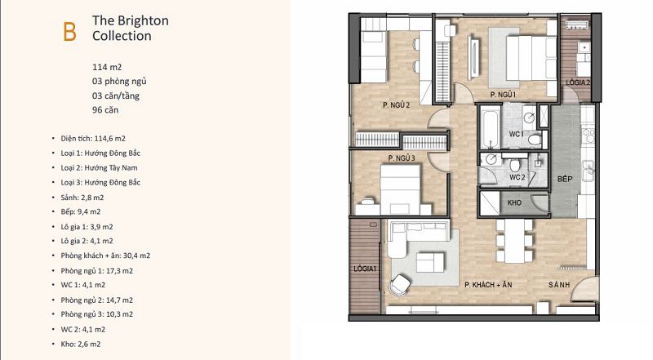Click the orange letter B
pyautogui.click(x=69, y=32)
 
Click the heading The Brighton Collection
pyautogui.click(x=131, y=28)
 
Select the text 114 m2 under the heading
pyautogui.click(x=107, y=67)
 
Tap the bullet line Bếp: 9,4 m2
pyautogui.click(x=80, y=211)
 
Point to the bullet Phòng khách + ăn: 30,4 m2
pyautogui.click(x=105, y=256)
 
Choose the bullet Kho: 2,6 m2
pyautogui.click(x=80, y=344)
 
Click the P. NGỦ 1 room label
pyautogui.click(x=503, y=95)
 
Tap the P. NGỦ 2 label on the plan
pyautogui.click(x=396, y=105)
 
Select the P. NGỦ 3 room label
pyautogui.click(x=402, y=158)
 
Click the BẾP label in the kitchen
pyautogui.click(x=565, y=179)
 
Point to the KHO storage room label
pyautogui.click(x=514, y=203)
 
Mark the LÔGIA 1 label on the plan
pyautogui.click(x=365, y=269)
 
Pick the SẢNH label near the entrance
pyautogui.click(x=559, y=285)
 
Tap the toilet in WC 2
pyautogui.click(x=515, y=164)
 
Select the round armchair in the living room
pyautogui.click(x=400, y=285)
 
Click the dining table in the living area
pyautogui.click(x=515, y=241)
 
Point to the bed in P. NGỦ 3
pyautogui.click(x=400, y=189)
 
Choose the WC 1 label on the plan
pyautogui.click(x=517, y=134)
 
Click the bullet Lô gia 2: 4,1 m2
pyautogui.click(x=87, y=241)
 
